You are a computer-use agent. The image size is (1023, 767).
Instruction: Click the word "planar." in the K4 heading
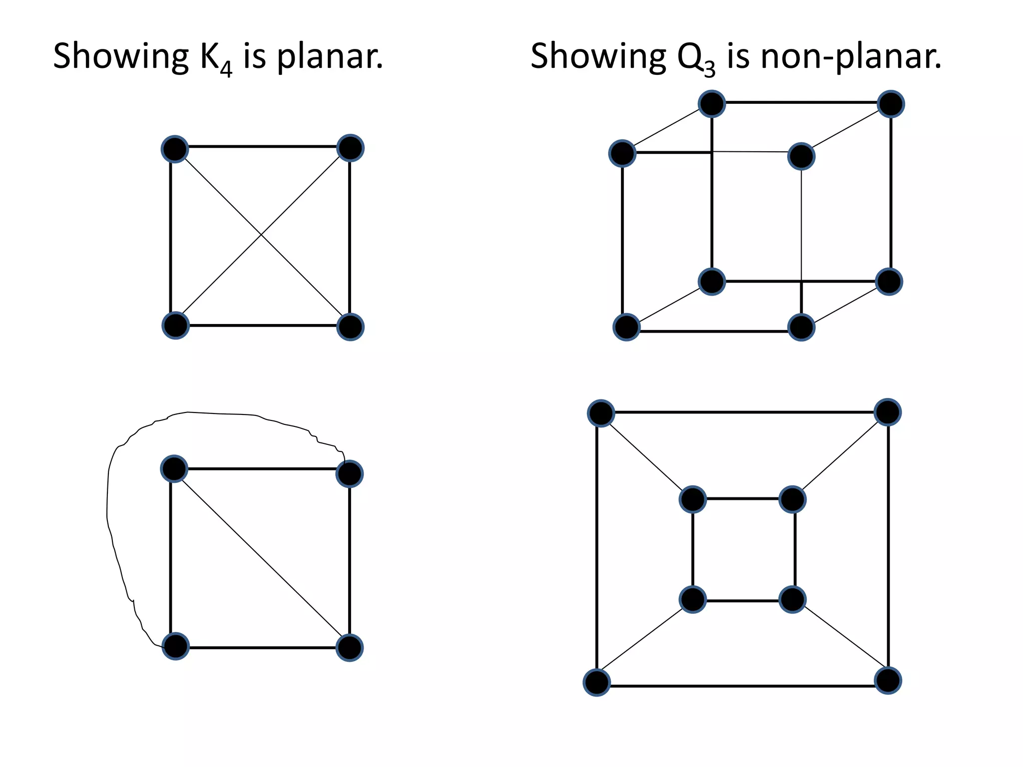tap(330, 56)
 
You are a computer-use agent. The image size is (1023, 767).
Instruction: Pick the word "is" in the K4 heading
tap(254, 56)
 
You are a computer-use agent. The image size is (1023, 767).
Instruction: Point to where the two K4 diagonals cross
tap(261, 235)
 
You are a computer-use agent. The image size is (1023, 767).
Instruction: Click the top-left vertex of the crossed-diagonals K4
tap(175, 149)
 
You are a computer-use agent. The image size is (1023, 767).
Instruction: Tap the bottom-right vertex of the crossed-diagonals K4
tap(350, 327)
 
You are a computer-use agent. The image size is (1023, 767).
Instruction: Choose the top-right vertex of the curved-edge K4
tap(350, 474)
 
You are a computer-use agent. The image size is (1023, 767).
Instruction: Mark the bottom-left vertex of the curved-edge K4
tap(176, 647)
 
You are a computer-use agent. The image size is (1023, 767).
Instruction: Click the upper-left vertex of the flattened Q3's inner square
tap(693, 499)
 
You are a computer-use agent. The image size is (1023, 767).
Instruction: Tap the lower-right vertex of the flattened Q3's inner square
tap(793, 599)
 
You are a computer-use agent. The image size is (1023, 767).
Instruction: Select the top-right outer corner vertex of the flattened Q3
tap(888, 412)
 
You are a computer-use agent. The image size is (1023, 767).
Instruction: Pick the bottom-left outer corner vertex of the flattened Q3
tap(597, 683)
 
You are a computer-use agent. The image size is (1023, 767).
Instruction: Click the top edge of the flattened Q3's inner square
tap(743, 498)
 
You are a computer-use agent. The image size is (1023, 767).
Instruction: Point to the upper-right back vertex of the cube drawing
tap(891, 104)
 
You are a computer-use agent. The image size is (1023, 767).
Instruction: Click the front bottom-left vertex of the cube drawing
tap(626, 327)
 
